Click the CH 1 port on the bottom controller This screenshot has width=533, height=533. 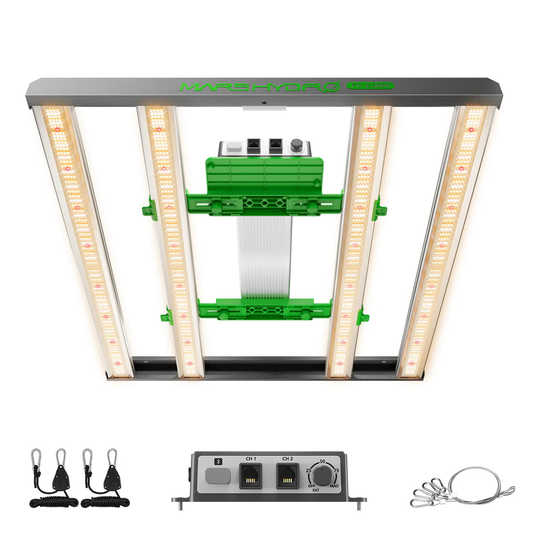pyautogui.click(x=250, y=476)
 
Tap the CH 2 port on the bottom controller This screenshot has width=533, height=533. pyautogui.click(x=287, y=476)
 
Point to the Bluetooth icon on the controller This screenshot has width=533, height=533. pyautogui.click(x=217, y=462)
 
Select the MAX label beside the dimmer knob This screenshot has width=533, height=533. pyautogui.click(x=334, y=486)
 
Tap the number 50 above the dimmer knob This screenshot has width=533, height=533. pyautogui.click(x=322, y=462)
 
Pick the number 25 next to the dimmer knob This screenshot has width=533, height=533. pyautogui.click(x=309, y=470)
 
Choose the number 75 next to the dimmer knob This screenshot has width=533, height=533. pyautogui.click(x=336, y=470)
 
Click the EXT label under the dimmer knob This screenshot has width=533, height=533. pyautogui.click(x=316, y=491)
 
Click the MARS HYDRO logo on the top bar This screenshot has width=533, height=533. pyautogui.click(x=260, y=87)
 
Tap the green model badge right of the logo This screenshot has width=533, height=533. pyautogui.click(x=370, y=86)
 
